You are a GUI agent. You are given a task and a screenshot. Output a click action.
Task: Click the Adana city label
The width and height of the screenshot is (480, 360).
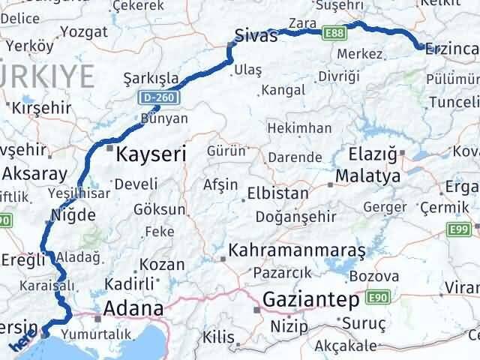point(135,307)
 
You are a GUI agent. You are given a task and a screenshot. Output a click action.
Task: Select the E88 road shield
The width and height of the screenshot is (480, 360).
point(334,33)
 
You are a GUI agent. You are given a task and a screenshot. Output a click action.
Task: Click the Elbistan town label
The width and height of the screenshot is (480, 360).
point(278,193)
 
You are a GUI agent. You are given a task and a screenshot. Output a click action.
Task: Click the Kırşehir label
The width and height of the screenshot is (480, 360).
point(42,107)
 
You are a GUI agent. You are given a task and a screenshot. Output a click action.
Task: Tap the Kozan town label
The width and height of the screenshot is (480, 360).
point(161,265)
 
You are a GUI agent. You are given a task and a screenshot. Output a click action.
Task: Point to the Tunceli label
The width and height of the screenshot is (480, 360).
point(451,102)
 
